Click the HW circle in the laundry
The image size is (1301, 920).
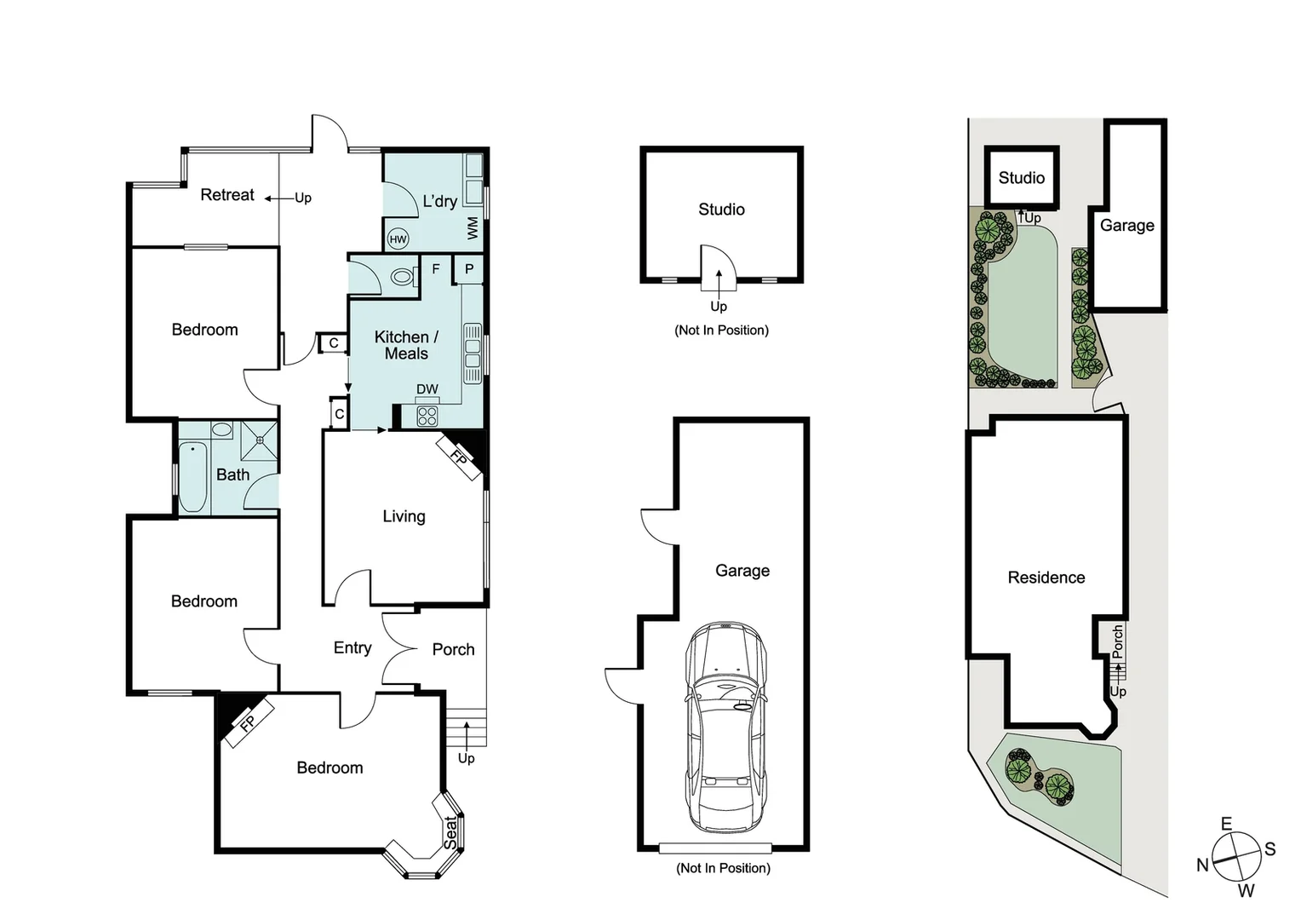(x=398, y=239)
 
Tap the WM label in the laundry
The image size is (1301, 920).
(x=473, y=228)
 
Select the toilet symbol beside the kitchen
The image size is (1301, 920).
(x=403, y=277)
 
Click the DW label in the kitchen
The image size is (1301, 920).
(x=427, y=389)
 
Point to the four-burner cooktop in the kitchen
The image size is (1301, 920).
(x=427, y=416)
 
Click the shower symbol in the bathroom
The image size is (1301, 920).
(x=259, y=440)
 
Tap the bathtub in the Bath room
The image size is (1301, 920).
(x=192, y=476)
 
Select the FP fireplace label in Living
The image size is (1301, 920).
(x=459, y=457)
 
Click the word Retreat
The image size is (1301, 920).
(x=227, y=195)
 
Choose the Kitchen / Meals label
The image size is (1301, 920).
(x=406, y=345)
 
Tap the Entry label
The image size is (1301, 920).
(x=352, y=648)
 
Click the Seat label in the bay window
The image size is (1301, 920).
(x=450, y=832)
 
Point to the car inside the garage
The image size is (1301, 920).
(x=726, y=727)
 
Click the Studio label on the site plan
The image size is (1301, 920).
(x=1022, y=178)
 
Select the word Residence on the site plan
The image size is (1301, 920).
(x=1046, y=578)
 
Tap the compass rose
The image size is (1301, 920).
(x=1236, y=855)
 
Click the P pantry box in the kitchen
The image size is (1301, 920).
(x=468, y=270)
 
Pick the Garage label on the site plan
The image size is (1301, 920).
(x=1127, y=226)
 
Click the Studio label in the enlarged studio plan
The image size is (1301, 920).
(x=721, y=210)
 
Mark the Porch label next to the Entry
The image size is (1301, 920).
(x=453, y=650)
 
